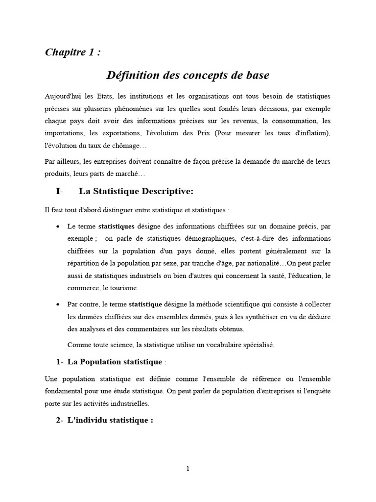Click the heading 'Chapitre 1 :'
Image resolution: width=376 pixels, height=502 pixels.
73,52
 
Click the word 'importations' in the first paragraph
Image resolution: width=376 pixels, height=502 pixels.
63,133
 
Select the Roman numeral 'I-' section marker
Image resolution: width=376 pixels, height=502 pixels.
60,191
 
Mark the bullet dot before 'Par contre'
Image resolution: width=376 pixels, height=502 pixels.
59,304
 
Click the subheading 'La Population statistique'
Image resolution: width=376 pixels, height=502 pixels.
115,362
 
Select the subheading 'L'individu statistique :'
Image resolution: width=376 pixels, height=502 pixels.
110,421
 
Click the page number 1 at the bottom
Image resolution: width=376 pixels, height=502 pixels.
188,469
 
